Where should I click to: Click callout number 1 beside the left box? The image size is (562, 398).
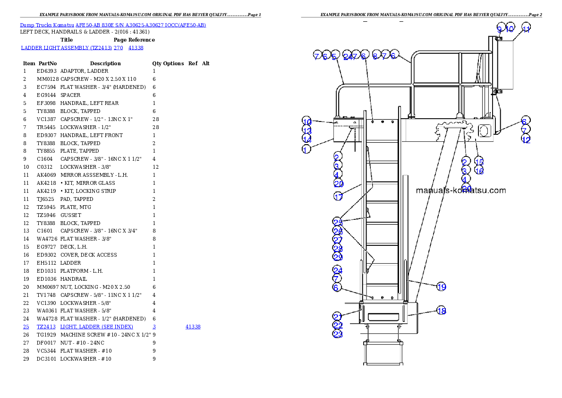(x=307, y=149)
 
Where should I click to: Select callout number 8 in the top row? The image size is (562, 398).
(x=375, y=56)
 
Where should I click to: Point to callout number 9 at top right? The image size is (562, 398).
(x=500, y=29)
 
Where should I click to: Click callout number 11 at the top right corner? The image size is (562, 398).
(x=526, y=29)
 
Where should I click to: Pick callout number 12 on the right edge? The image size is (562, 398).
(x=526, y=139)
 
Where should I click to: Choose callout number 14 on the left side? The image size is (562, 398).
(x=307, y=139)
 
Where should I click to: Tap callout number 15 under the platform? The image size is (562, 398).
(x=479, y=162)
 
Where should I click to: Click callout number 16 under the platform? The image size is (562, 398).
(x=479, y=171)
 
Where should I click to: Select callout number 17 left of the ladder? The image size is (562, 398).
(x=339, y=197)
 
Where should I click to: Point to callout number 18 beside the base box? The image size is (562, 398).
(x=441, y=311)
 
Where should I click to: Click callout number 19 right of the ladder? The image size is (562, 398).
(x=441, y=286)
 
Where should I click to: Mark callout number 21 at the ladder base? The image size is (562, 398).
(x=337, y=316)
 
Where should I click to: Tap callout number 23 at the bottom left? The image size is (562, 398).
(x=337, y=334)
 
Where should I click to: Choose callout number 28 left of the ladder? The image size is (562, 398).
(x=337, y=249)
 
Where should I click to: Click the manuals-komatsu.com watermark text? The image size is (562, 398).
(x=460, y=190)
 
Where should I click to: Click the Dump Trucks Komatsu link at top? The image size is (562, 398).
(x=113, y=25)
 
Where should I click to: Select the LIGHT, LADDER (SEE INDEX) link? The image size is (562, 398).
(x=96, y=327)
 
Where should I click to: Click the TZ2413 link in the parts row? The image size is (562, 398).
(x=46, y=327)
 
